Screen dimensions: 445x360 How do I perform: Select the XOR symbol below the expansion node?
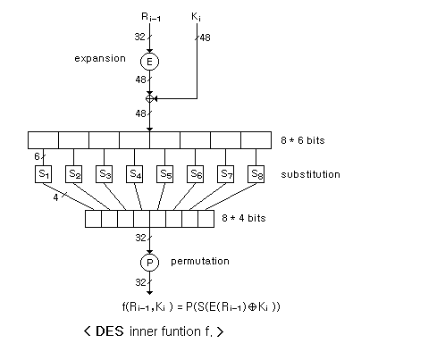149,98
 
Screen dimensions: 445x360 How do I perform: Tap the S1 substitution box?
44,174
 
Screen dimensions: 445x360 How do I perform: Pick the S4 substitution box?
134,174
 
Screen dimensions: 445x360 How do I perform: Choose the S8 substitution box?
256,174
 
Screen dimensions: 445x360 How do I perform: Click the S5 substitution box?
164,174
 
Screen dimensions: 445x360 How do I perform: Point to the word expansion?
100,59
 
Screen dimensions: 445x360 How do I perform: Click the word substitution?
310,174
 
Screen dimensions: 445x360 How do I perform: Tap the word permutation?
200,262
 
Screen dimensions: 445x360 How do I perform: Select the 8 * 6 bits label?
303,140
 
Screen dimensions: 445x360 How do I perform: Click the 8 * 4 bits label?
244,218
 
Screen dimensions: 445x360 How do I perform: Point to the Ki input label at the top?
196,17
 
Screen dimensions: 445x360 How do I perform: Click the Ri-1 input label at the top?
151,17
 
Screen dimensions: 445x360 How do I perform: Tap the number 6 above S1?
37,156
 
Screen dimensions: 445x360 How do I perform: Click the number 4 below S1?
55,197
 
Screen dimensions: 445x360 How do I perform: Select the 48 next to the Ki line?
205,38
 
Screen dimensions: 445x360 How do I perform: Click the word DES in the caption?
110,331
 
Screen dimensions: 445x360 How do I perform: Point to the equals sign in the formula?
180,307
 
